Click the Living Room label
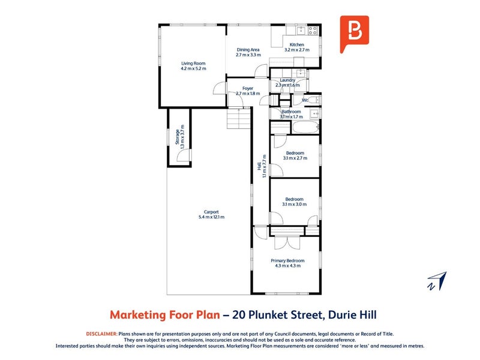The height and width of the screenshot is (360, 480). (193, 64)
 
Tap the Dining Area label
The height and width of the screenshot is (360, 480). (248, 50)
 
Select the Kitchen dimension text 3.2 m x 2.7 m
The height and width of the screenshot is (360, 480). (297, 50)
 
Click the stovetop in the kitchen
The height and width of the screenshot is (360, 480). (313, 30)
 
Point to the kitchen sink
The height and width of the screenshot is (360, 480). (301, 31)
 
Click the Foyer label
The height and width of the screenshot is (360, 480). (248, 88)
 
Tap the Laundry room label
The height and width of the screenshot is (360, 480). (287, 80)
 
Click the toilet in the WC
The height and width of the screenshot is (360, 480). (314, 100)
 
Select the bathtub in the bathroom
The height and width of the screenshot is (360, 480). (305, 127)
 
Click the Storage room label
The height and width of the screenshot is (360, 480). (177, 137)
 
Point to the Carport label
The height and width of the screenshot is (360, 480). (211, 212)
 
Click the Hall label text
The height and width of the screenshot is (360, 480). (259, 166)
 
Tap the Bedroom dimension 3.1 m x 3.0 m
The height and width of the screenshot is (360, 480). (295, 204)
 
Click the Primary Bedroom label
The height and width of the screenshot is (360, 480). (287, 260)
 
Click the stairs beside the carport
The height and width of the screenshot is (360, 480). (239, 119)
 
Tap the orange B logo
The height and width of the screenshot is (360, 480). (355, 34)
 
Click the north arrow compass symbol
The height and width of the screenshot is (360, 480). (438, 281)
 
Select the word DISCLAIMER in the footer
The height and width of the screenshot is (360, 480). (101, 334)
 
